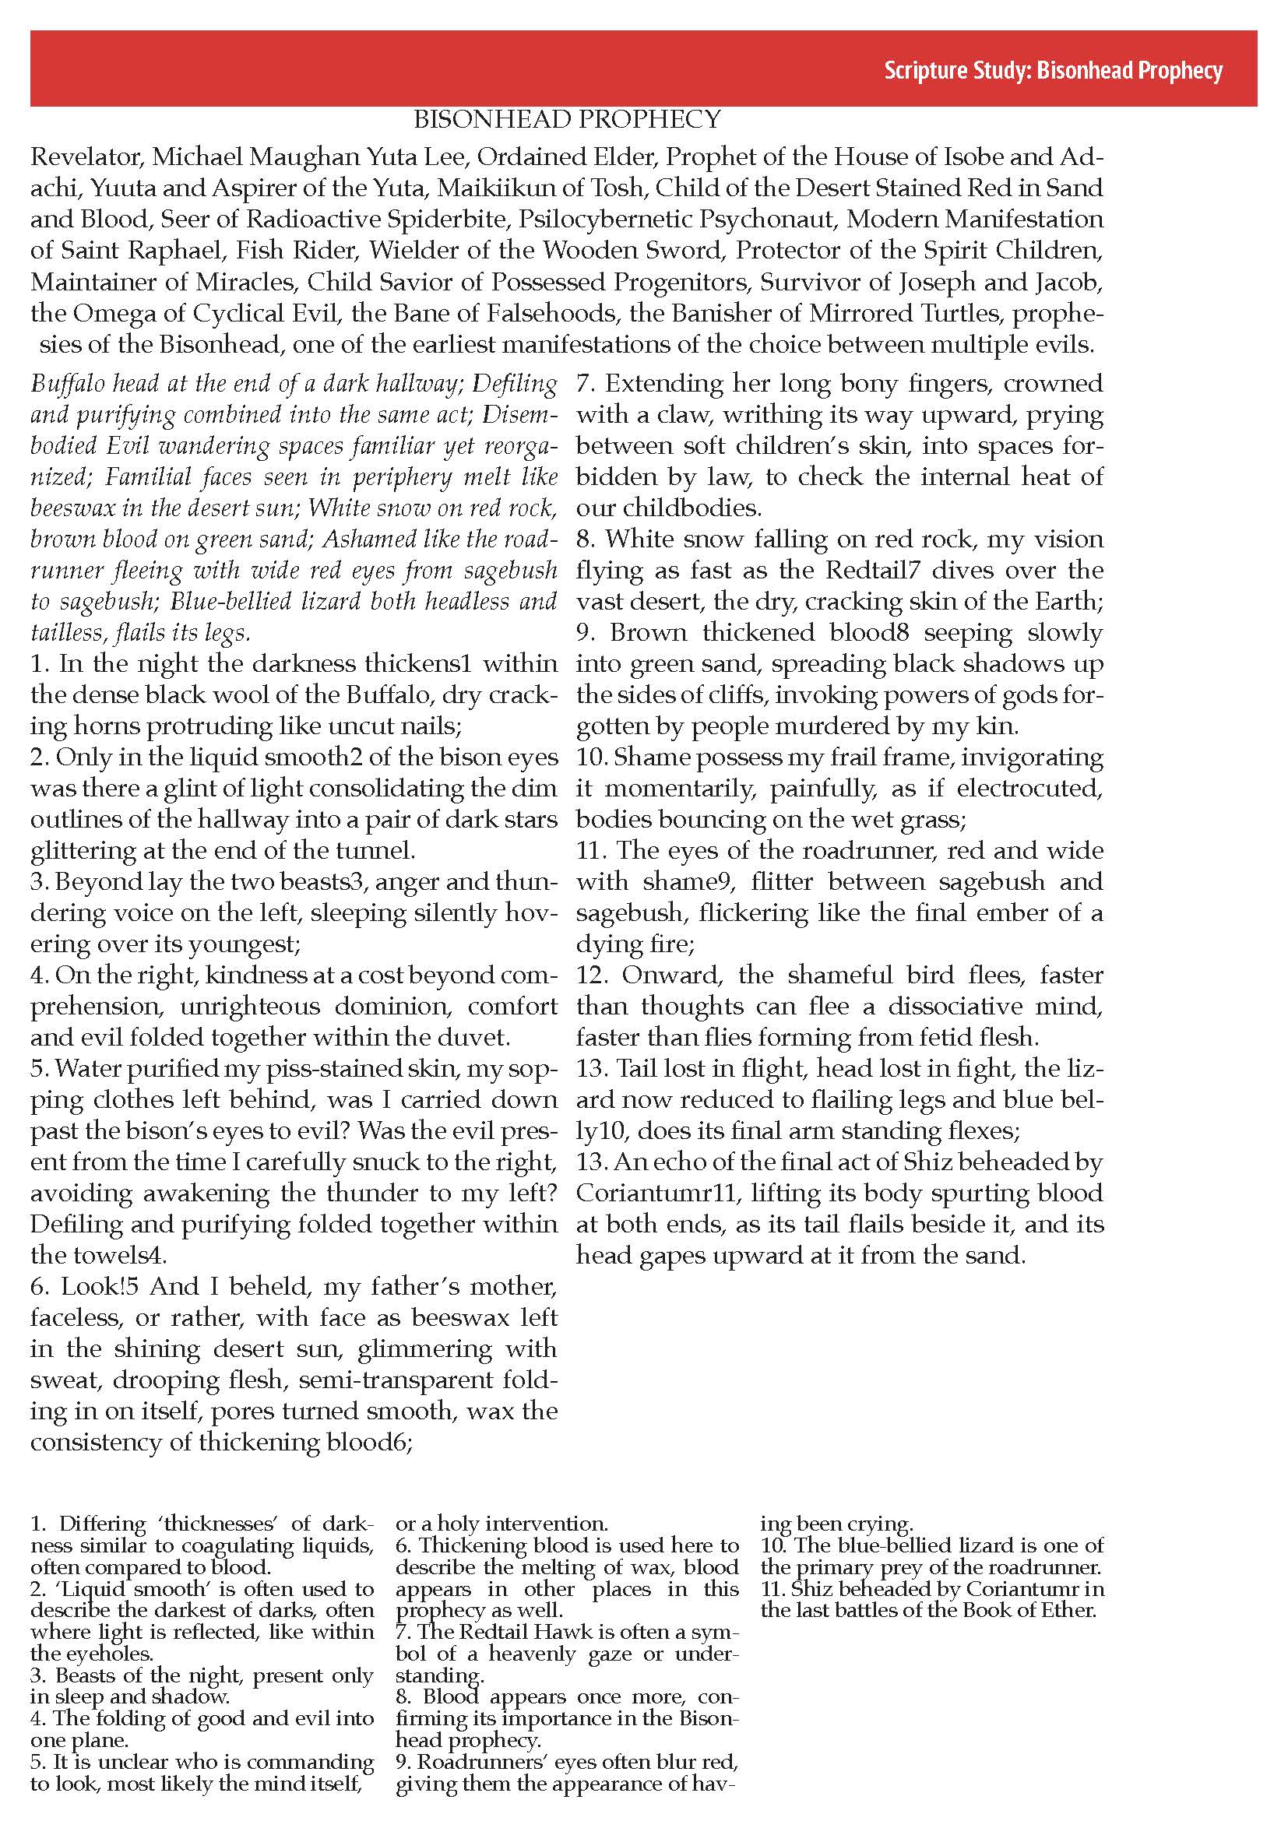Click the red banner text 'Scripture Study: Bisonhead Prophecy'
[x=1053, y=72]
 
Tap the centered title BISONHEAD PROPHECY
[x=567, y=120]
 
